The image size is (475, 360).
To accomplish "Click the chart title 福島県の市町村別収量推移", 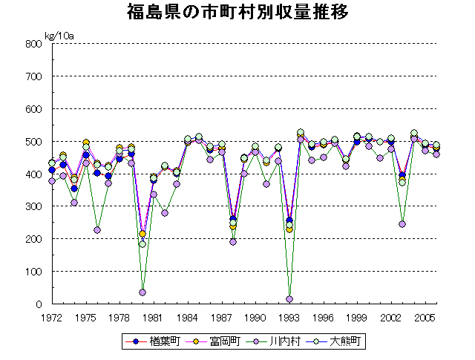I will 237,13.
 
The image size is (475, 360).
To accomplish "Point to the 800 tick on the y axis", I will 31,44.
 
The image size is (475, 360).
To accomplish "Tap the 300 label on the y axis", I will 31,206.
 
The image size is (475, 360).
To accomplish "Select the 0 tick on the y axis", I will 36,304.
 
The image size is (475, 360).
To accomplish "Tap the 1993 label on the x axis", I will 289,317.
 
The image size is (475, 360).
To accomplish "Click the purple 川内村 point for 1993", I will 289,299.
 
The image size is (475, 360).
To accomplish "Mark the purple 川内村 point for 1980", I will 142,292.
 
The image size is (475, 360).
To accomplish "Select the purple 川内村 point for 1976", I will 97,230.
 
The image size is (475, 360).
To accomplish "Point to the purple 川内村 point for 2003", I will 402,224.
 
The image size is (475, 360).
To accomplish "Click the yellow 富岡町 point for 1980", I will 142,234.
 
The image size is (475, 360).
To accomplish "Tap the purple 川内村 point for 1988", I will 233,242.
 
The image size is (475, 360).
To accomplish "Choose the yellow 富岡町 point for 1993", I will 289,229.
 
